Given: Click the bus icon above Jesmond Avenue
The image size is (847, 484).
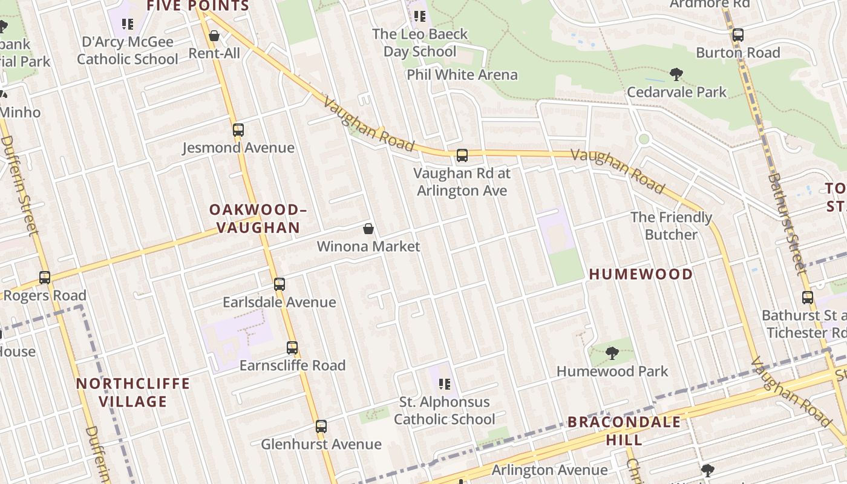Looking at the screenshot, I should point(238,129).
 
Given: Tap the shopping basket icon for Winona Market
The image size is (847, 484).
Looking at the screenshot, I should point(368,229).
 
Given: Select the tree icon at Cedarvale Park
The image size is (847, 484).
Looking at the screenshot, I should point(676,74).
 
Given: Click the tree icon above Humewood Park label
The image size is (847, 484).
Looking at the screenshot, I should point(612,353).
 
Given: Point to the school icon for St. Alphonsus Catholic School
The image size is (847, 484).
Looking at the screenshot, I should point(445,384).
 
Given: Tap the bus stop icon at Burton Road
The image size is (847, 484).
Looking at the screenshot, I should point(738,35).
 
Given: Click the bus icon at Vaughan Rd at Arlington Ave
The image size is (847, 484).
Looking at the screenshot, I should point(462,155).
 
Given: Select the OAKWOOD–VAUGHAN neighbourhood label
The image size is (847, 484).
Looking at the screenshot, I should point(258,218).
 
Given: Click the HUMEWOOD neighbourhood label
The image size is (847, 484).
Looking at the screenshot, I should point(641,274).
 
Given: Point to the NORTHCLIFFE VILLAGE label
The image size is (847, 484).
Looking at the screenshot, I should point(133,392).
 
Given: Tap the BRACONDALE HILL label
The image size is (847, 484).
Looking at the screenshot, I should point(624,430).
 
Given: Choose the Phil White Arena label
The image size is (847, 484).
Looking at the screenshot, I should point(462,75).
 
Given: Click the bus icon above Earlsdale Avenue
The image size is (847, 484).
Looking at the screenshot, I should point(280,284).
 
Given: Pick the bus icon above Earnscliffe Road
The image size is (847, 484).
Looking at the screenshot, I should point(292,348).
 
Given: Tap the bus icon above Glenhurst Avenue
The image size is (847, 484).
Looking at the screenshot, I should point(321,427).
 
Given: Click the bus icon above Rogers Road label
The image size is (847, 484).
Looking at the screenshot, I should point(45,278).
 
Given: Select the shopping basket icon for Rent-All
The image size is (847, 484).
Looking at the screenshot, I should point(214,36).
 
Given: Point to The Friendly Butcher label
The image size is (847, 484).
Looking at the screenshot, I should point(671,226).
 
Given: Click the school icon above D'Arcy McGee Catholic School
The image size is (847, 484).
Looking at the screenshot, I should point(128,24).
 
